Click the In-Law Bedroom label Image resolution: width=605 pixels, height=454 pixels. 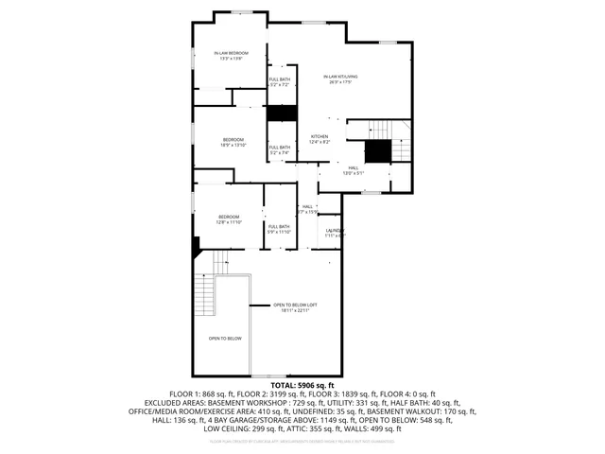tap(231, 53)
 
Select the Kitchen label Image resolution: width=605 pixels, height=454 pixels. tap(320, 136)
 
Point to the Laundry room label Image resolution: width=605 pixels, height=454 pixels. tap(335, 230)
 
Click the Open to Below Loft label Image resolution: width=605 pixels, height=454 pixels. tap(296, 305)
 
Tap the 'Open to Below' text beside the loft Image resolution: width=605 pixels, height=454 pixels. tap(225, 338)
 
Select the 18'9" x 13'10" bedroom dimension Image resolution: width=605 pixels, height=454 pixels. tap(233, 146)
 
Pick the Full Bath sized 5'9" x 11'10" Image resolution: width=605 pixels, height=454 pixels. tap(278, 229)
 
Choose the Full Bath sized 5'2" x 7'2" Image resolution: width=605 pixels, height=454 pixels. tap(280, 82)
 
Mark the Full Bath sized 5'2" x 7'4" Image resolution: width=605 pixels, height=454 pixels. tap(279, 149)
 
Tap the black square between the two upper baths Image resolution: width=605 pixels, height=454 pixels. tap(281, 113)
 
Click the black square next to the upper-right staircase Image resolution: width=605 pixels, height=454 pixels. tap(378, 150)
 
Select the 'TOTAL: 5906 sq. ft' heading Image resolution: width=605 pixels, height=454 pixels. tap(302, 386)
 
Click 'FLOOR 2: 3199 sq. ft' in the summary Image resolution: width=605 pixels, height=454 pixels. tap(274, 393)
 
